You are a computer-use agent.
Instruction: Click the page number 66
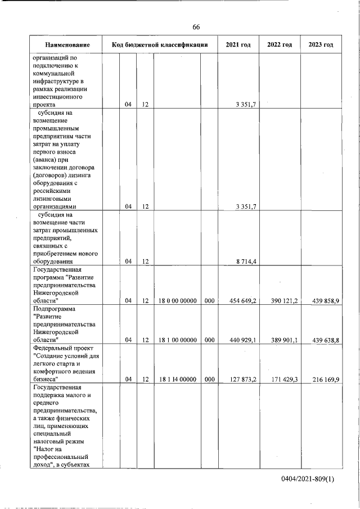(196, 27)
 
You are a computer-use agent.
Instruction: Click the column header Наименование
(67, 45)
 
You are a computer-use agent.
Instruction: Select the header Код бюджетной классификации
(160, 45)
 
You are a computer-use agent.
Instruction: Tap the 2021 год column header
(238, 45)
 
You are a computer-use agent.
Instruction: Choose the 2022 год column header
(280, 45)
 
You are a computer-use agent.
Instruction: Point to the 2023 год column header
(321, 45)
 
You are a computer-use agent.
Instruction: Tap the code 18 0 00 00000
(177, 301)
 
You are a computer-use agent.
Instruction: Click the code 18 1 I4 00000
(177, 380)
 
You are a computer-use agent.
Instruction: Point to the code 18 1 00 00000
(177, 340)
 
